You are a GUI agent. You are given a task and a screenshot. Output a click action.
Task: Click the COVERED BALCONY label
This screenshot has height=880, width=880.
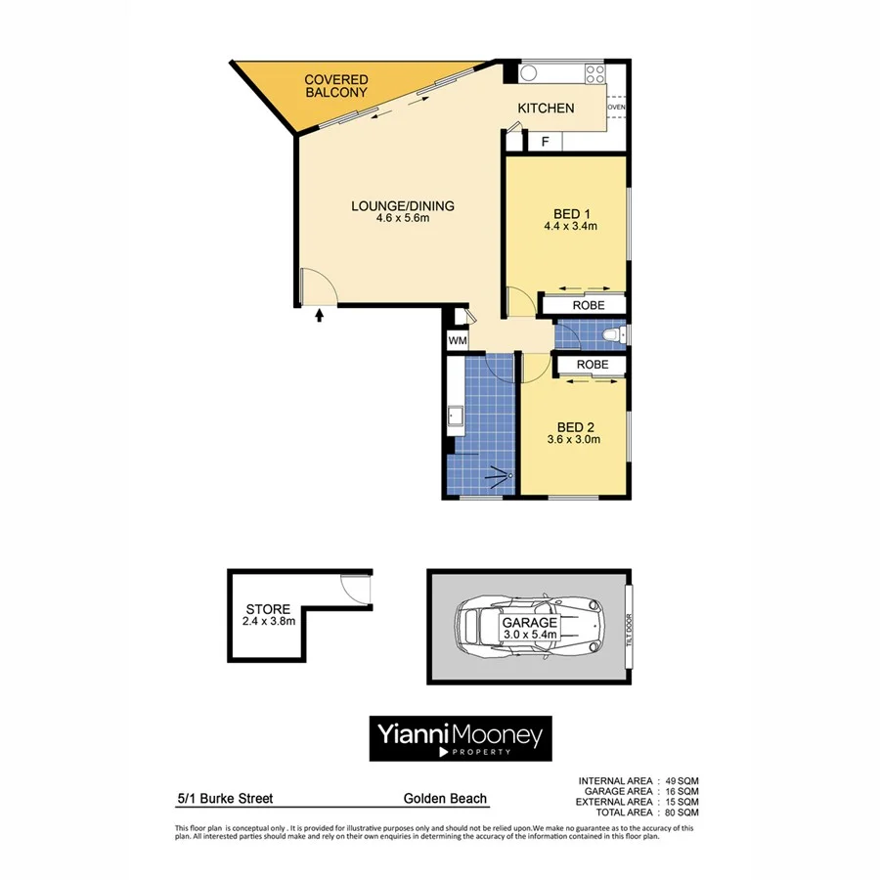[x=335, y=86]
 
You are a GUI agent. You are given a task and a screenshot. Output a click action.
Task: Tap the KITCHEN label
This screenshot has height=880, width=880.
[x=546, y=109]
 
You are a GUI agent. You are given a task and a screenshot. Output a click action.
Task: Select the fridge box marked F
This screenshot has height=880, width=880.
[x=546, y=142]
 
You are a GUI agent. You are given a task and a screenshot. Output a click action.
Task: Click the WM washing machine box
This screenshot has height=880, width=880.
[x=457, y=340]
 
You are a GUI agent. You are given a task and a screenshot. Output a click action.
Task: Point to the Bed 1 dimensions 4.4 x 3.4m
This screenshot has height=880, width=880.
[x=570, y=226]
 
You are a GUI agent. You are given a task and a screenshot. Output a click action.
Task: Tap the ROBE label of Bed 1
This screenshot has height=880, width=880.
[x=589, y=305]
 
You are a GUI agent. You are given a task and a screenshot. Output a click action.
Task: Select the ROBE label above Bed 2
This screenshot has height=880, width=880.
[x=593, y=365]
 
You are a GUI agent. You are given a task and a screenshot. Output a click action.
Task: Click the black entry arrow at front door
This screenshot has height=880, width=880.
[x=321, y=315]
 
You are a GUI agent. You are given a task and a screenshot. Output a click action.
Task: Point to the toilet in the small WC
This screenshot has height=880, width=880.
[x=612, y=336]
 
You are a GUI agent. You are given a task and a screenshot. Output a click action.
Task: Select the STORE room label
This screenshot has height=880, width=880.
[x=268, y=608]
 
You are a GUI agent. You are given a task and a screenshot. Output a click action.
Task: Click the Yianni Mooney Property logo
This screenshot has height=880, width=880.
[x=460, y=739]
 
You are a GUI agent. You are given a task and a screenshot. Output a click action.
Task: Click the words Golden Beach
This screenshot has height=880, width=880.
[x=445, y=799]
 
